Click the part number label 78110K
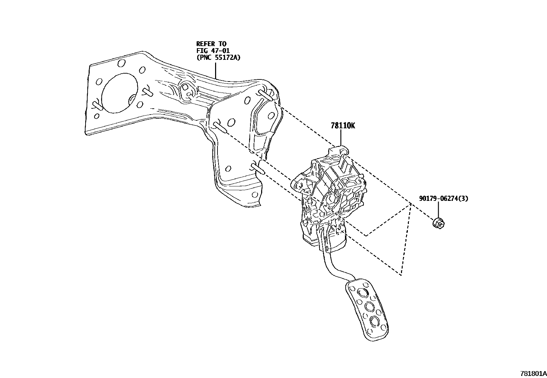(343, 126)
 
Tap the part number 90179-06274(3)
(443, 198)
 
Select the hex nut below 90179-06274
(438, 224)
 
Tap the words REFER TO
(211, 44)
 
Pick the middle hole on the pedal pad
(370, 307)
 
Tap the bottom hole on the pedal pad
(374, 322)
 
